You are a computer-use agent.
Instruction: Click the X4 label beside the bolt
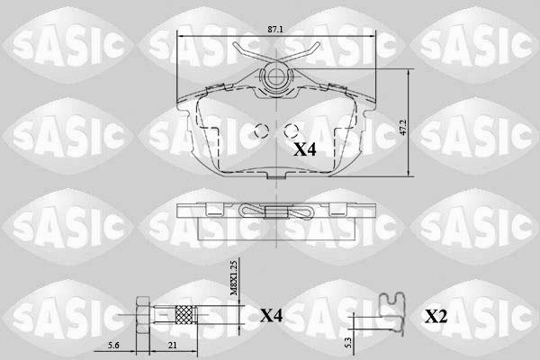point(271,316)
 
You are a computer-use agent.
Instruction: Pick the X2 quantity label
point(436,316)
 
